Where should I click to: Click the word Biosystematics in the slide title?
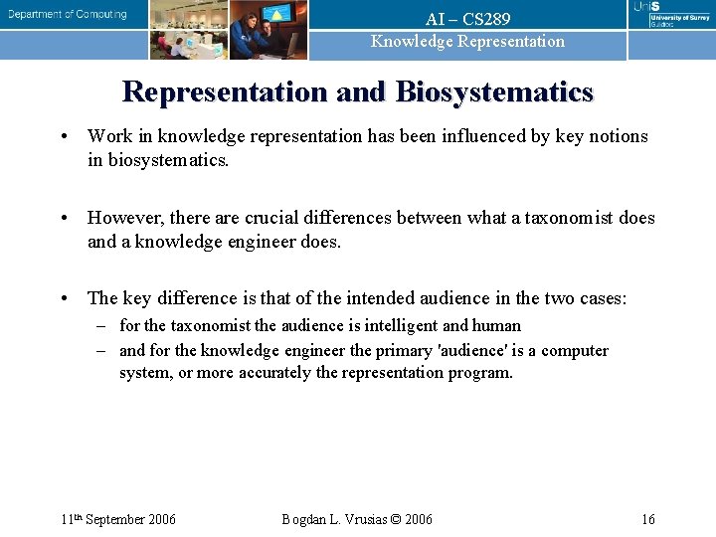(493, 92)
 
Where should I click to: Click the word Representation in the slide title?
(225, 92)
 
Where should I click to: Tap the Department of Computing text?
(68, 15)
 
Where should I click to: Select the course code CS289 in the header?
(486, 19)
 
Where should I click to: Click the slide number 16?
(647, 519)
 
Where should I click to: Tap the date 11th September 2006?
(117, 519)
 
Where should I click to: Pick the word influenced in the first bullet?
(481, 136)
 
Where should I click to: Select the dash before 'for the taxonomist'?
(101, 325)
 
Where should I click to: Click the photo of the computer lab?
(189, 30)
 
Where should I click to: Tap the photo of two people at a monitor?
(268, 30)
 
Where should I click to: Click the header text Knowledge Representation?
(467, 42)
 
